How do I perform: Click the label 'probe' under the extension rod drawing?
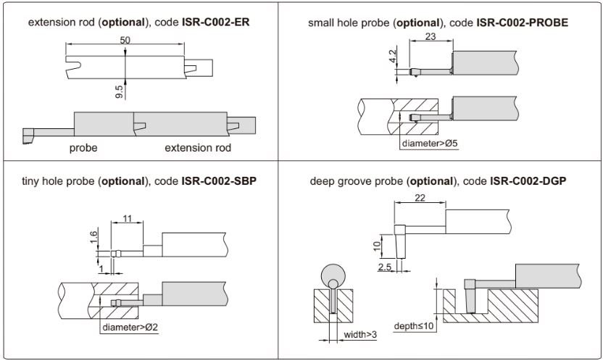tap(84, 148)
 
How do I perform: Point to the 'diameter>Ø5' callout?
tap(430, 143)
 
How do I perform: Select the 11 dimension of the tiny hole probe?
tap(127, 217)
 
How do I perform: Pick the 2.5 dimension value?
tap(385, 267)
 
